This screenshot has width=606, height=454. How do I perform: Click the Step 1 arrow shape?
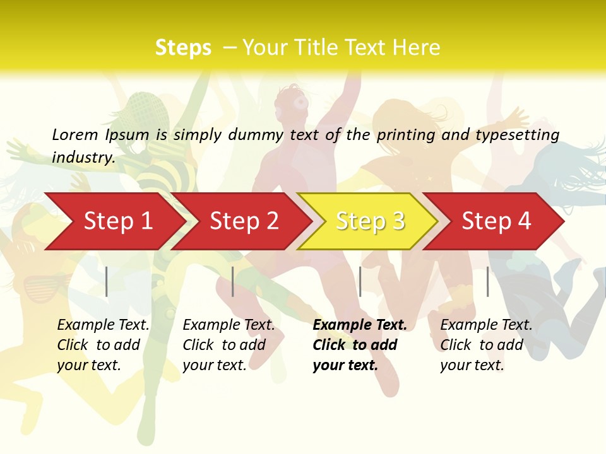coord(114,221)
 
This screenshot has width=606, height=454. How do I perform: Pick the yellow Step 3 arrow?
coord(369,221)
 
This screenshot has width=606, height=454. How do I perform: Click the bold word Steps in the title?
coord(183,48)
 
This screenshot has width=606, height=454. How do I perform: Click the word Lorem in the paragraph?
coord(75,134)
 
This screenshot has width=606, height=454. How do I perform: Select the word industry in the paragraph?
coord(82,157)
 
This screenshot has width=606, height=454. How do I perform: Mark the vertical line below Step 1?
coord(107,281)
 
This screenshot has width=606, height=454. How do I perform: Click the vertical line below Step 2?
coord(233,281)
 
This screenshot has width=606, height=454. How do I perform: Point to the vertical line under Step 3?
coord(360,281)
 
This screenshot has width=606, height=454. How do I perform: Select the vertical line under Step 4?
coord(487,281)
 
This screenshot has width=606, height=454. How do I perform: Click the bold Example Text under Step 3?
coord(360,325)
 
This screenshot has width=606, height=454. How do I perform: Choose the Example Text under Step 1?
coord(104,325)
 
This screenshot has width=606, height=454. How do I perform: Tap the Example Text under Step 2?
coord(229,325)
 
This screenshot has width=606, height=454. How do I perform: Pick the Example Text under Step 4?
coord(487,325)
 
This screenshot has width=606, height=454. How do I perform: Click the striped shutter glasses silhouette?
coord(44,288)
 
